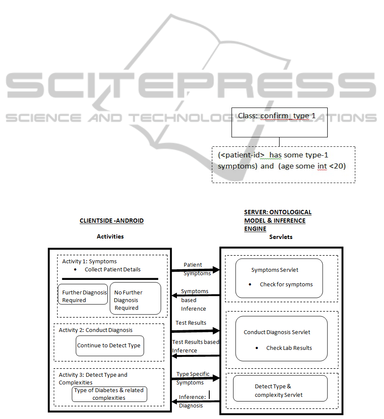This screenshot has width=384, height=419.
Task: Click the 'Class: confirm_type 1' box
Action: click(279, 122)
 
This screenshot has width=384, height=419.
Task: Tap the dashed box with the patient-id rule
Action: click(283, 165)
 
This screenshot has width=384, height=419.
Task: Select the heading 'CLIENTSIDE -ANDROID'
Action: click(112, 221)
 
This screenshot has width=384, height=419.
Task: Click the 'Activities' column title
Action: click(110, 236)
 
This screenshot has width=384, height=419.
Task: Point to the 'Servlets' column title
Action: click(281, 237)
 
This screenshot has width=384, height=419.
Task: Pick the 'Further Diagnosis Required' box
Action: click(83, 294)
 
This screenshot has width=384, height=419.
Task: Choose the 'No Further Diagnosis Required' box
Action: click(135, 298)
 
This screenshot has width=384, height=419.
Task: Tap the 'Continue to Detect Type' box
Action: click(110, 346)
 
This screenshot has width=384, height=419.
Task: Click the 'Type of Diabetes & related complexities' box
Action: click(109, 394)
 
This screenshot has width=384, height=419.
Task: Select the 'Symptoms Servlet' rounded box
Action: click(279, 278)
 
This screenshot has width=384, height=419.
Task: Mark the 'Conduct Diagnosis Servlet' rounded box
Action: click(281, 339)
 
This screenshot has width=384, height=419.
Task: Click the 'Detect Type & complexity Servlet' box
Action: click(280, 388)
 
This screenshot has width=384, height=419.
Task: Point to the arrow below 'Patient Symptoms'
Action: click(195, 270)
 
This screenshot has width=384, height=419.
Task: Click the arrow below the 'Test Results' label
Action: click(195, 331)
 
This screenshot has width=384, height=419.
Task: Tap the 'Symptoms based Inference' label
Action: click(194, 300)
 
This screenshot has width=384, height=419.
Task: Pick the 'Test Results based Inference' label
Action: click(196, 346)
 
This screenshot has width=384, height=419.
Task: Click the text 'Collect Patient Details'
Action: click(113, 269)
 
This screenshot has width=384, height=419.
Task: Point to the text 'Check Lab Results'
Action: click(289, 348)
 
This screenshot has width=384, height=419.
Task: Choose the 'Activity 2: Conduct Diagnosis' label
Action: click(95, 330)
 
